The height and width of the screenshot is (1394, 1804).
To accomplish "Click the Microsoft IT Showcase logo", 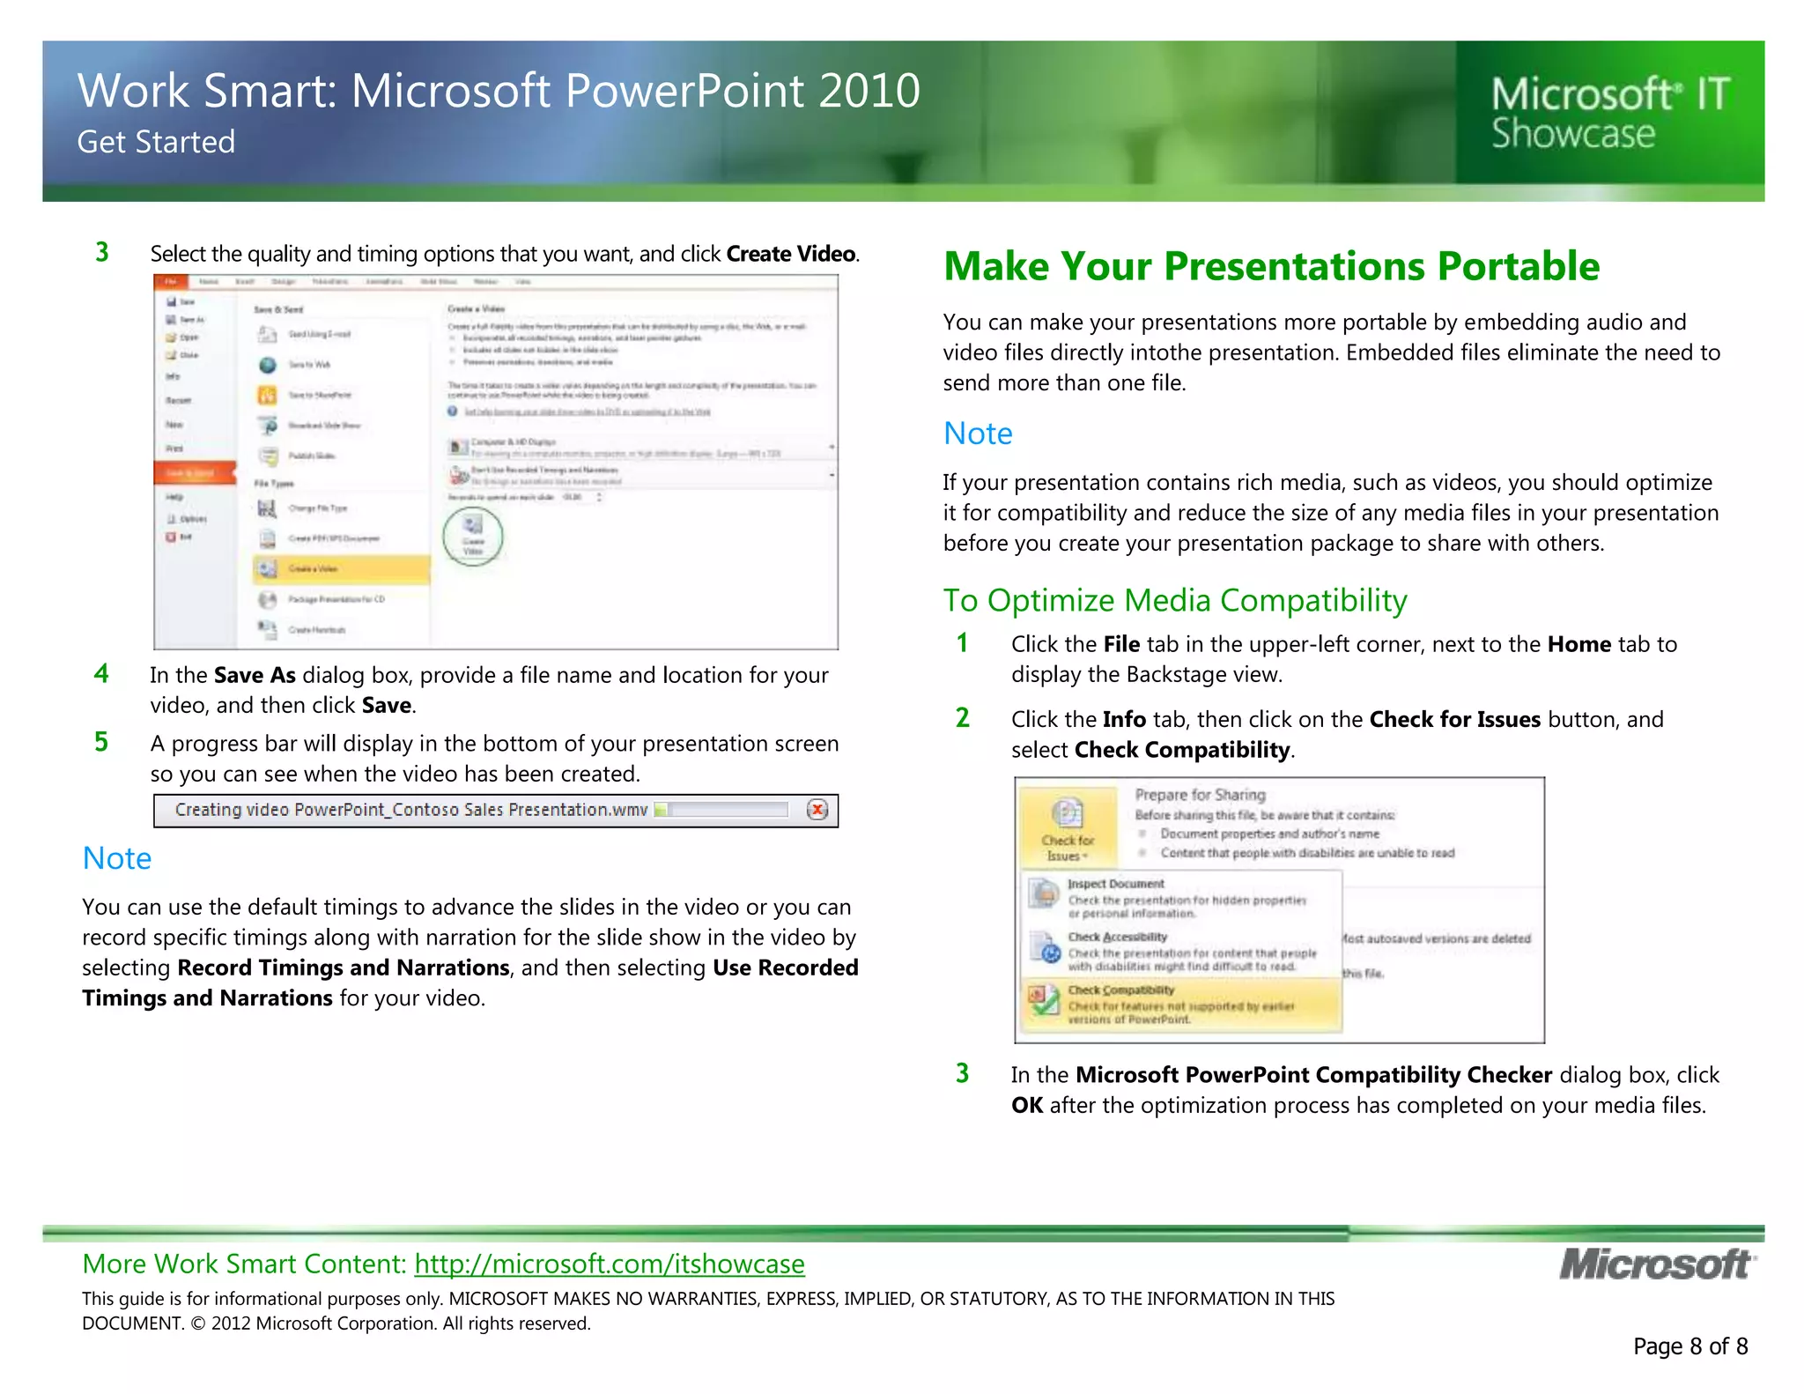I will coord(1609,113).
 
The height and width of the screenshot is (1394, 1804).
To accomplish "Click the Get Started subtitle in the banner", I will coord(156,142).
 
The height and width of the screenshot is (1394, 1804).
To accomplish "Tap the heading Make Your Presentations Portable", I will coord(1270,266).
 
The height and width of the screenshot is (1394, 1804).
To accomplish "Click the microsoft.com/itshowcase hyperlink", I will coord(609,1264).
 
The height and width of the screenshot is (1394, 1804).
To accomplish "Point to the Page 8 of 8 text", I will coord(1689,1346).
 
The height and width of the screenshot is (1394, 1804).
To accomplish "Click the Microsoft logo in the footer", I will coord(1656,1264).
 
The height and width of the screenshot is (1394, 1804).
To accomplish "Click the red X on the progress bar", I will coord(817,810).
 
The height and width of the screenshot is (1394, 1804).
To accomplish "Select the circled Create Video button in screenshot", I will coord(473,536).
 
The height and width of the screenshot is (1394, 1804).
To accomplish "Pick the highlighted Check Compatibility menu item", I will coord(1180,1004).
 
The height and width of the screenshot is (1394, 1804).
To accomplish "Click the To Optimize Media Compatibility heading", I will coord(1174,600).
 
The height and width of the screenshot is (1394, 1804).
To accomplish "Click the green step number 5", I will coord(101,742).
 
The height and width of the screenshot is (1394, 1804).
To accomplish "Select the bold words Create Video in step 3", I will coord(790,254).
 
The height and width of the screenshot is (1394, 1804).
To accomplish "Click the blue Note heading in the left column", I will coord(116,858).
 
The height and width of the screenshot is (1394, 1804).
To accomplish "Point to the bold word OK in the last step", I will coord(1026,1105).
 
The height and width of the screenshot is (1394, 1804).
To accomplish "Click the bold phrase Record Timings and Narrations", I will coord(343,968).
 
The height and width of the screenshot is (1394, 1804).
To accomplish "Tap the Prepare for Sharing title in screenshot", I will coord(1199,794).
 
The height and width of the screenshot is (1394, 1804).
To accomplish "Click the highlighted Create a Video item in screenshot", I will coord(340,569).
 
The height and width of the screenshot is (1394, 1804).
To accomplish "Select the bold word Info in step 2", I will coord(1123,719).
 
